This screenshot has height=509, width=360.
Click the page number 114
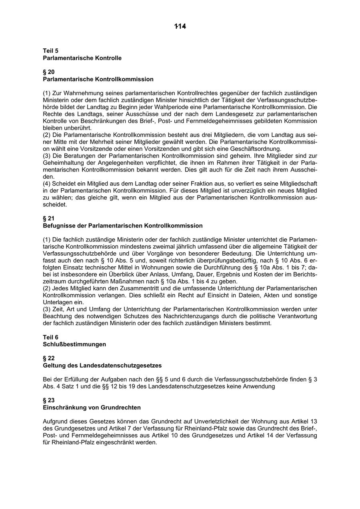coord(180,26)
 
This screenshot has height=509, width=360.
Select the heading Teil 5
coord(51,51)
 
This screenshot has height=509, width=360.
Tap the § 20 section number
coord(49,72)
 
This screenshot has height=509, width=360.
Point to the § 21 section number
coord(49,219)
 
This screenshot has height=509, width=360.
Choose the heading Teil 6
coord(51,337)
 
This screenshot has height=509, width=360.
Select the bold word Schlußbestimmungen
coord(74,344)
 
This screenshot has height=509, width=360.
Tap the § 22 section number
coord(49,358)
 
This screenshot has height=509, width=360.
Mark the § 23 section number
coord(49,400)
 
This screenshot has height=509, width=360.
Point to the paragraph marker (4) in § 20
coord(47,184)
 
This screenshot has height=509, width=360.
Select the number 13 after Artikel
coord(314,421)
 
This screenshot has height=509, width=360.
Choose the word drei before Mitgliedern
coord(168,135)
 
